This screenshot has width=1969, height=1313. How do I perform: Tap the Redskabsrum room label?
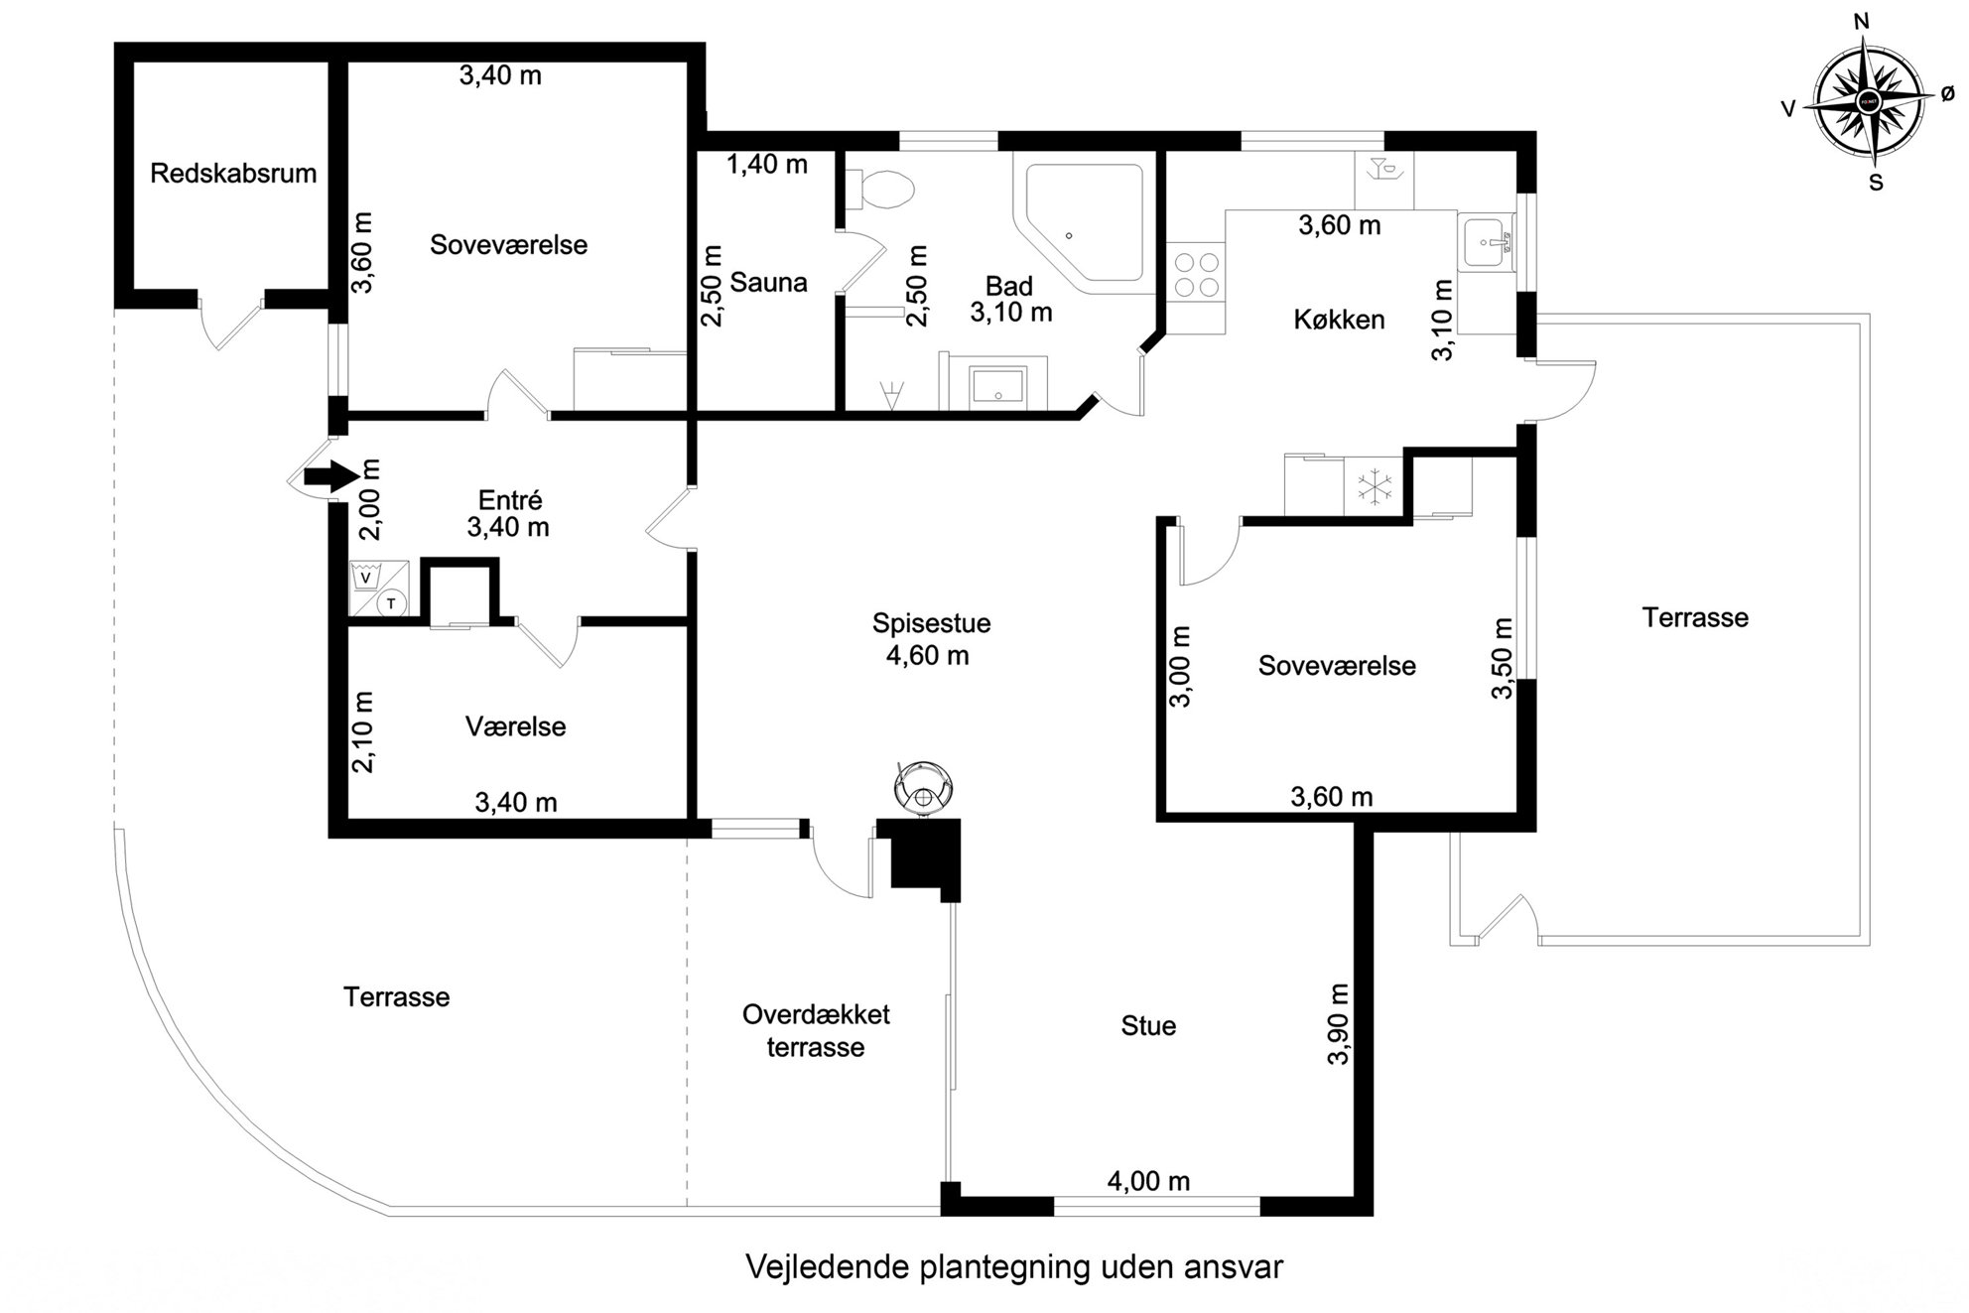coord(233,174)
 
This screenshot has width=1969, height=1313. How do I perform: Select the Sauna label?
coord(768,283)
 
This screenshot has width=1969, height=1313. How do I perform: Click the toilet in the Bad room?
coord(878,190)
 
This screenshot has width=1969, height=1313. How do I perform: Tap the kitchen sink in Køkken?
coord(1487,242)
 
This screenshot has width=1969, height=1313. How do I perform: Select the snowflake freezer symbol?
coord(1375,487)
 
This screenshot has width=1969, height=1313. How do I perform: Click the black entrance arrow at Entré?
coord(331,476)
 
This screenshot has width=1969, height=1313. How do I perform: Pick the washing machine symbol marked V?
coord(366,577)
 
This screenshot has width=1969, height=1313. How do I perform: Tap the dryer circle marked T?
coord(392,602)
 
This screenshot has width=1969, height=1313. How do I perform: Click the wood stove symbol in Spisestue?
coord(924,789)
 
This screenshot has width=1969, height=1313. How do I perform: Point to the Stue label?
coord(1148,1026)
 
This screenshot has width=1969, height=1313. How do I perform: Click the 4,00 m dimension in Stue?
coord(1148,1181)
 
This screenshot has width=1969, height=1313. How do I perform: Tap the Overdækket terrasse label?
coord(816,1031)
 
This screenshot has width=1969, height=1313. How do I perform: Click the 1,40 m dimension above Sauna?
coord(767,165)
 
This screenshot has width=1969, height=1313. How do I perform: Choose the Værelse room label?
coord(515,726)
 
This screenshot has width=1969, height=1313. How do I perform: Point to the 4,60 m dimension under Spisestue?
coord(928,656)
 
